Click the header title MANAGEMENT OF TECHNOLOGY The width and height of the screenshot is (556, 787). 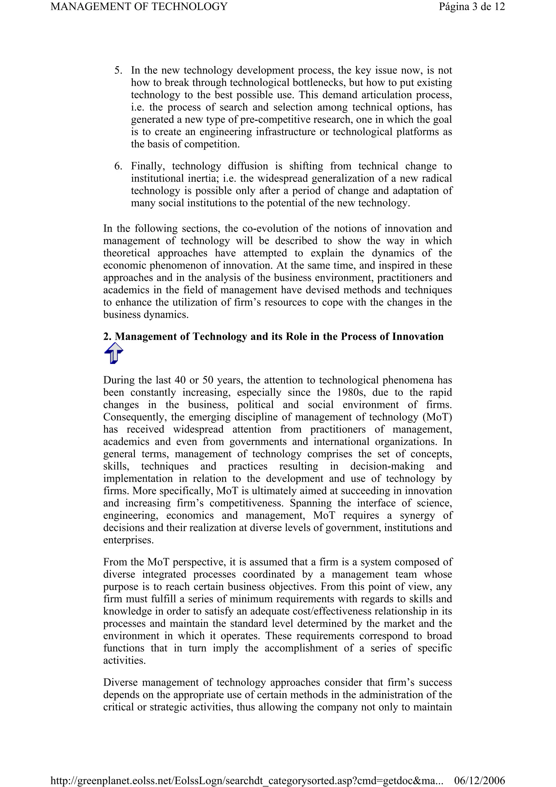(139, 7)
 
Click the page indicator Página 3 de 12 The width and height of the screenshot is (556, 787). (472, 7)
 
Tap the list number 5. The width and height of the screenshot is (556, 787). (118, 70)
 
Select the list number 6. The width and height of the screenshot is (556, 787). (118, 166)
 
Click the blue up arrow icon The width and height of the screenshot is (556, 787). (113, 353)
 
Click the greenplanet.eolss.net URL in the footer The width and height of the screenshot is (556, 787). (247, 781)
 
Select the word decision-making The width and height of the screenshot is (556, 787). (387, 467)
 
